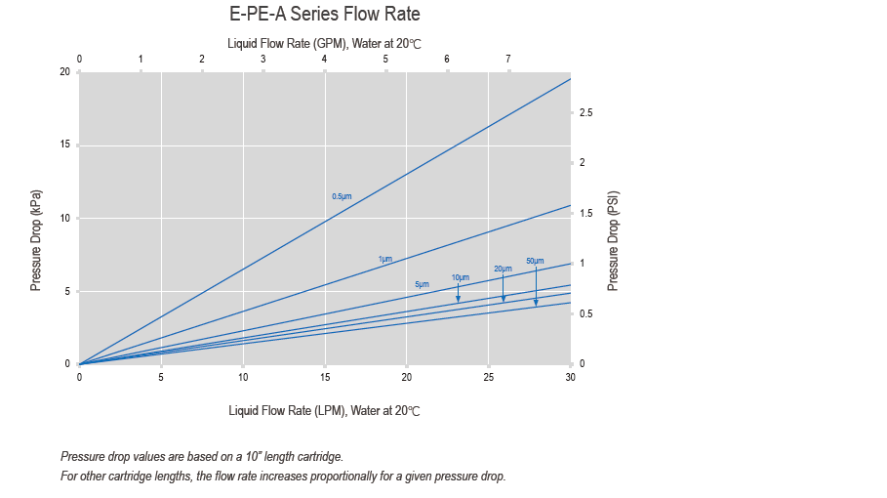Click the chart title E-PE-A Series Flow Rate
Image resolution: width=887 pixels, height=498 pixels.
tap(324, 15)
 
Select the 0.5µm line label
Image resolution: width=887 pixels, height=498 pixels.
tap(342, 196)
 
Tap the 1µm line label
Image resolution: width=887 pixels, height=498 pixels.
tap(385, 259)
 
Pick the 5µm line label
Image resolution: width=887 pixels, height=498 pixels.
tap(422, 283)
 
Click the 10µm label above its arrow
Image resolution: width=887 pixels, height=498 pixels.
tap(461, 277)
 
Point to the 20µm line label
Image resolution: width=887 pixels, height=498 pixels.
tap(503, 269)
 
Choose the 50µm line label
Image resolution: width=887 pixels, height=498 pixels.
tap(535, 261)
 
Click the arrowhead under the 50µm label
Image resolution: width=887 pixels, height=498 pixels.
tap(536, 303)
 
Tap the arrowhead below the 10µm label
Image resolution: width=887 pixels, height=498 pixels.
tap(458, 299)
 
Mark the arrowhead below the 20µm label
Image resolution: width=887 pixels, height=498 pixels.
tap(504, 298)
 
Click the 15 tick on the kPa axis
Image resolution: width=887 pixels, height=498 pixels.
tap(63, 145)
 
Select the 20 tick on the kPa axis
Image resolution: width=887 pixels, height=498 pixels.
tap(63, 72)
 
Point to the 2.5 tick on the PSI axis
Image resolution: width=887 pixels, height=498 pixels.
tap(585, 114)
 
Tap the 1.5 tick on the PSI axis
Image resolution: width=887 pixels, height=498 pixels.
tap(585, 213)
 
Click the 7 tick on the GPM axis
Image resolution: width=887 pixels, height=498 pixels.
tap(508, 60)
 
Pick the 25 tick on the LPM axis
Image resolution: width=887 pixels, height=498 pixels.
tap(489, 377)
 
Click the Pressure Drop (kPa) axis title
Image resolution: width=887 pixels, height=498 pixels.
tap(36, 239)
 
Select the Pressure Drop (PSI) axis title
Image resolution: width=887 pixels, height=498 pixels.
tap(613, 239)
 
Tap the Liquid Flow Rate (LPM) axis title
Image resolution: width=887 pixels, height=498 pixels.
tap(324, 411)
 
